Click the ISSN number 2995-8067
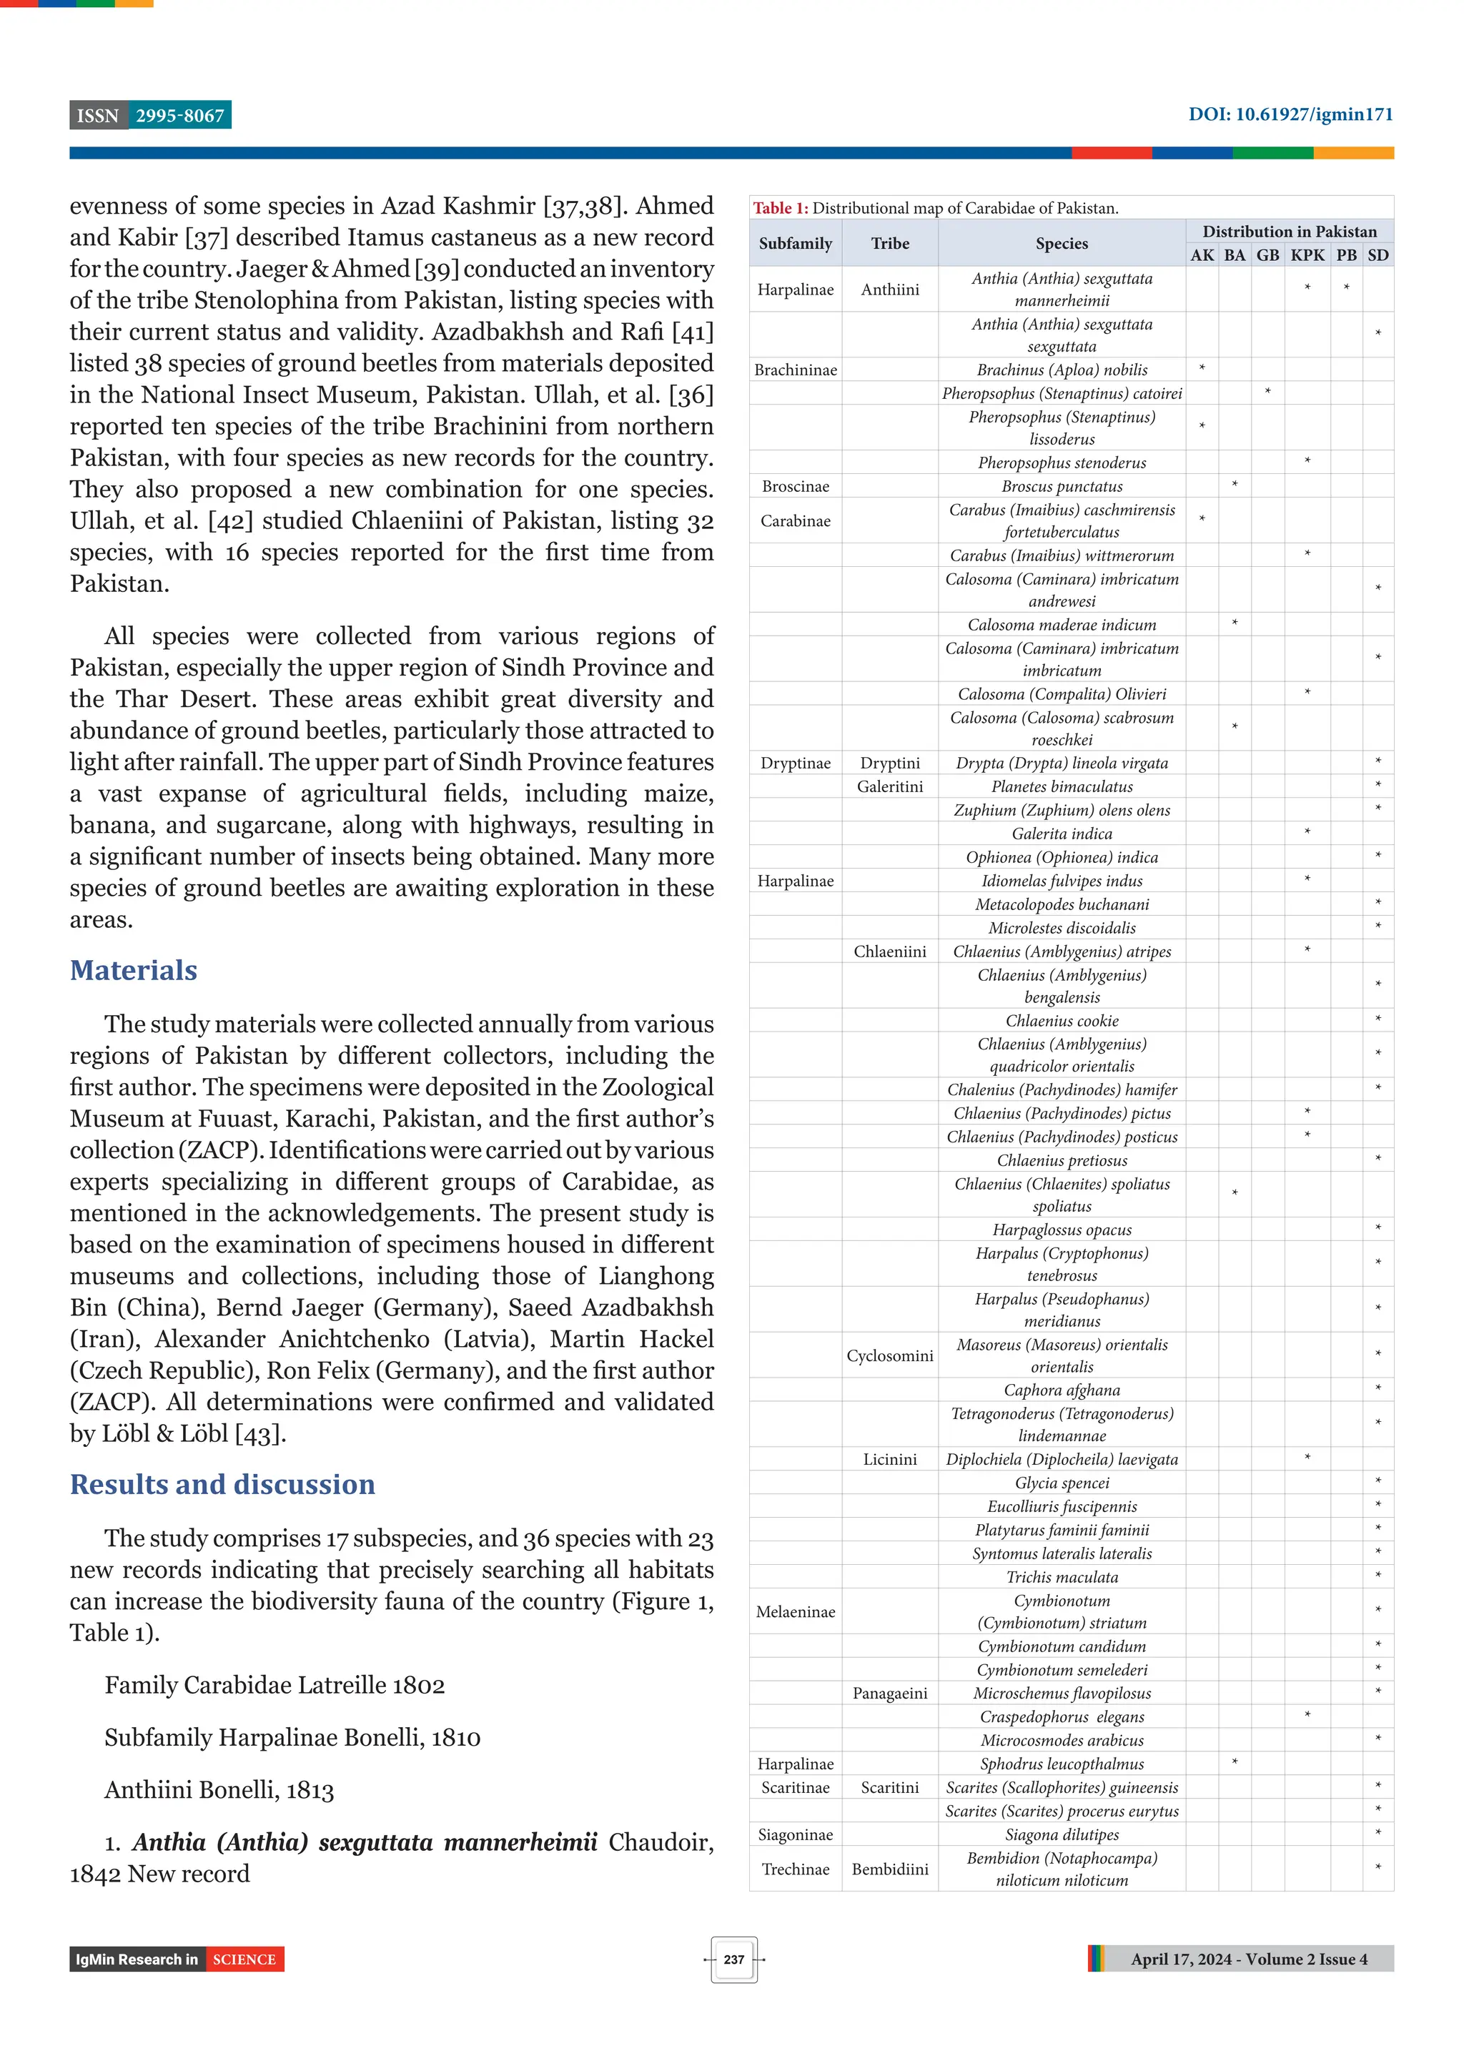click(x=179, y=116)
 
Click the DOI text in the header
click(x=1290, y=114)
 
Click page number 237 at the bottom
click(x=733, y=1959)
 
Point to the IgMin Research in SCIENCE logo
click(x=177, y=1959)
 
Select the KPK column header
click(x=1307, y=255)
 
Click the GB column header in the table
click(x=1267, y=255)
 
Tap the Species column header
click(x=1062, y=244)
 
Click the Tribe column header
click(x=889, y=244)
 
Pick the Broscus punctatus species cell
click(x=1062, y=486)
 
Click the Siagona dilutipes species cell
click(x=1062, y=1834)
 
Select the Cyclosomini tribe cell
click(x=889, y=1355)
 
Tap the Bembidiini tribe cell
click(x=889, y=1869)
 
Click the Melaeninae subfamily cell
click(x=795, y=1612)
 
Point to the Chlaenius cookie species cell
click(x=1062, y=1021)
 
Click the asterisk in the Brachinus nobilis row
click(x=1202, y=369)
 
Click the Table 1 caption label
click(x=781, y=208)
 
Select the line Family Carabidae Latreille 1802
click(x=274, y=1685)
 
